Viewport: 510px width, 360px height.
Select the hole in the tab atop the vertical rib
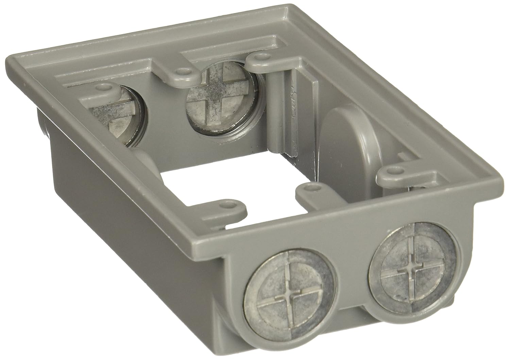coord(261,54)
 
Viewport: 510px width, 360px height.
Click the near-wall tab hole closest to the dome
coord(308,187)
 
